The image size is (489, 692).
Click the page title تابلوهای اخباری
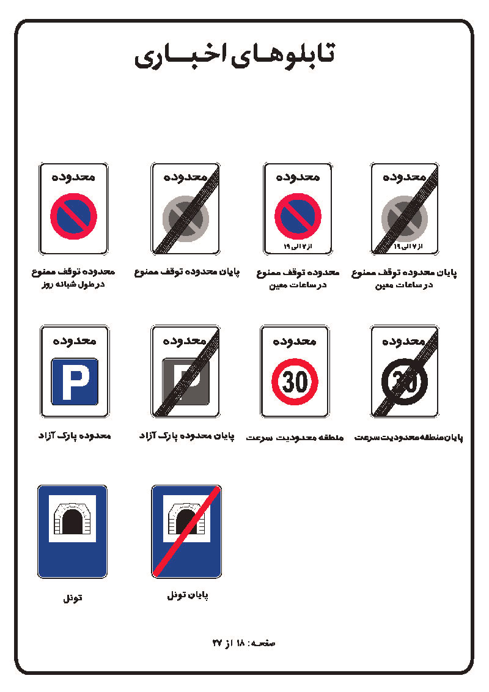234,56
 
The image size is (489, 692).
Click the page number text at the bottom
244,643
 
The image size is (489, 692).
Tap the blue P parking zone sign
75,371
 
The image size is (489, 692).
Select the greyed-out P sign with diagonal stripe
185,371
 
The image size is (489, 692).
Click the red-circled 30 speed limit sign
295,371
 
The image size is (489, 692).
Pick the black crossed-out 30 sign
405,371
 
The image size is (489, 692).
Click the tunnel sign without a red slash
72,531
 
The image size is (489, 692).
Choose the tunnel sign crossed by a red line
186,531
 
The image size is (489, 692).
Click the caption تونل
73,598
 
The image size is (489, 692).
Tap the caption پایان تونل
188,596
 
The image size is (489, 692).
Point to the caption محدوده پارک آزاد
74,436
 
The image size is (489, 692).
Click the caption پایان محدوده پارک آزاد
186,436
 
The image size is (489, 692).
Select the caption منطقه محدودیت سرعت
295,437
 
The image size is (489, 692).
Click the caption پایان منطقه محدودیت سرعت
409,437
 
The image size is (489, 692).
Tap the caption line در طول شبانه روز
73,285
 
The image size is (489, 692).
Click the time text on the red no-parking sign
298,246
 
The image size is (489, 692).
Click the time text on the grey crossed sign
408,246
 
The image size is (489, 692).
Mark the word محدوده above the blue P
74,340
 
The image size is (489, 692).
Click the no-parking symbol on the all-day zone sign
73,216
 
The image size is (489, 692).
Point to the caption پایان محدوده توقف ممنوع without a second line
186,272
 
